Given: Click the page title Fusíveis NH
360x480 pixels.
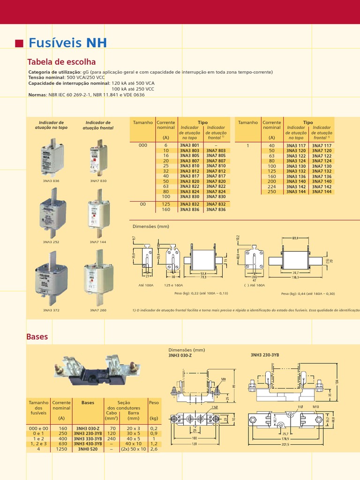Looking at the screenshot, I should pyautogui.click(x=67, y=44).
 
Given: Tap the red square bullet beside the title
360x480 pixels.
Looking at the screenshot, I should pyautogui.click(x=19, y=44).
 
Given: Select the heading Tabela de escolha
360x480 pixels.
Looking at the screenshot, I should pyautogui.click(x=62, y=62).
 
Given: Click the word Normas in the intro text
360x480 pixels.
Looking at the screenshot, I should pyautogui.click(x=37, y=95).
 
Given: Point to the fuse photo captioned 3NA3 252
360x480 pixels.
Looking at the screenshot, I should pyautogui.click(x=52, y=213).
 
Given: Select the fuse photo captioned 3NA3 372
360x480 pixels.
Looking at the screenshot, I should pyautogui.click(x=52, y=278).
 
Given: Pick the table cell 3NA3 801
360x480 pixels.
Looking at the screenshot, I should pyautogui.click(x=189, y=146).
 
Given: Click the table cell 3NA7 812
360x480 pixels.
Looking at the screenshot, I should pyautogui.click(x=216, y=171).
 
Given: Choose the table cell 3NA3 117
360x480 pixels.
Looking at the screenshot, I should pyautogui.click(x=296, y=146).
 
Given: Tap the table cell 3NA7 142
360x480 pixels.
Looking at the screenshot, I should pyautogui.click(x=322, y=187).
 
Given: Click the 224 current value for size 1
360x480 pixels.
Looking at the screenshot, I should pyautogui.click(x=272, y=187).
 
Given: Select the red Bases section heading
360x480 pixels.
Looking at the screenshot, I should pyautogui.click(x=37, y=337).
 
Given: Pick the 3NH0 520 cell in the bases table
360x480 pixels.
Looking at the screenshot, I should pyautogui.click(x=88, y=449).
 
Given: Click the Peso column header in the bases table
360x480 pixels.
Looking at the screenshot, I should pyautogui.click(x=154, y=403).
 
